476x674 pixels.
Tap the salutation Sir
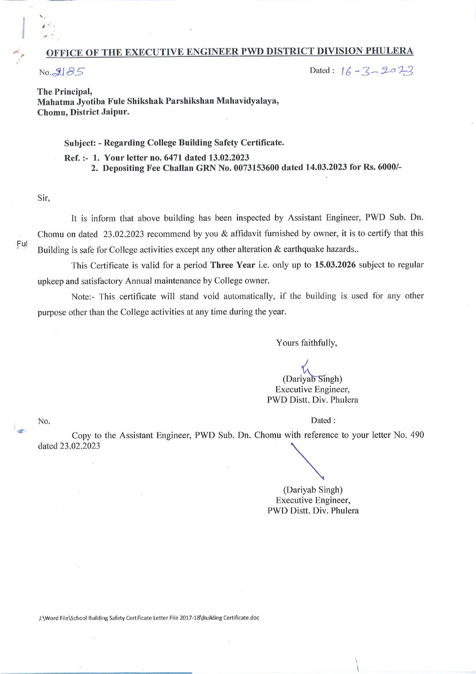(x=43, y=198)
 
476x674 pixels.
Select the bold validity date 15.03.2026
(x=335, y=265)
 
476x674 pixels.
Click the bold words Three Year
(x=233, y=265)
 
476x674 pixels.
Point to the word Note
(x=81, y=297)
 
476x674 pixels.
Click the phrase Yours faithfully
(x=307, y=343)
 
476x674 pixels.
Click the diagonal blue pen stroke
(x=307, y=461)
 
